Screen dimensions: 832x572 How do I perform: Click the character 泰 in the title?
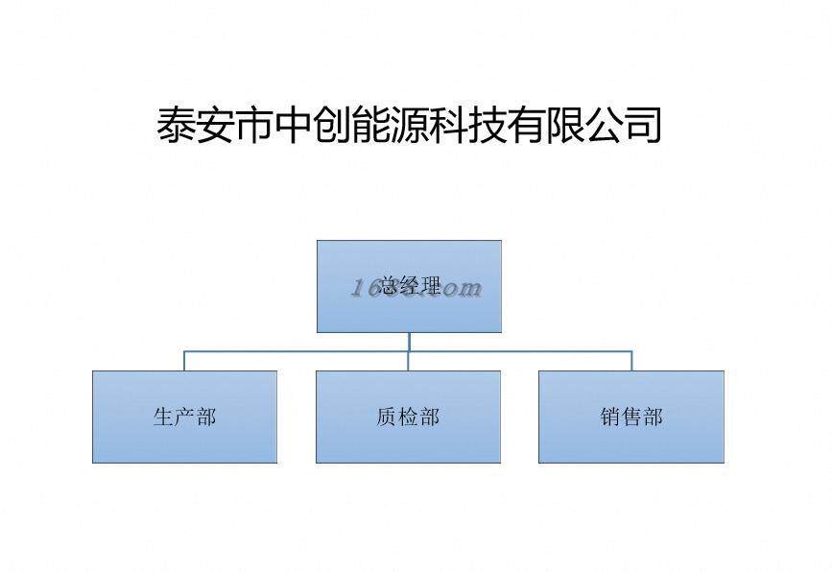[178, 126]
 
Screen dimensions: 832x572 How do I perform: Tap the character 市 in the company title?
[255, 126]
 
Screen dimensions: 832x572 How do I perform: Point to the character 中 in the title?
[294, 126]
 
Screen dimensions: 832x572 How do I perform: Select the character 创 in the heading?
[333, 126]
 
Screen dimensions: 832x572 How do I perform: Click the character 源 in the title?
[411, 126]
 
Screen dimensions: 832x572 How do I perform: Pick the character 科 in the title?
[449, 126]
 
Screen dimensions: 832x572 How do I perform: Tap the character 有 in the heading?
[527, 126]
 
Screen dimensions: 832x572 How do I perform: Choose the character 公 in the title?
[605, 126]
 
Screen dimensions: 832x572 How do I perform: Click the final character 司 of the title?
[643, 126]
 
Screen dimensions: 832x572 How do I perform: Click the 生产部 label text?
[184, 417]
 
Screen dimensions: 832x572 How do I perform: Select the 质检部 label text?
[408, 417]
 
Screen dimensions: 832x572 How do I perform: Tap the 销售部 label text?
[631, 417]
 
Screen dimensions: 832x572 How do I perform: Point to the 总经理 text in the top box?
[410, 286]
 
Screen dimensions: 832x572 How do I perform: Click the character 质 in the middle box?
[387, 417]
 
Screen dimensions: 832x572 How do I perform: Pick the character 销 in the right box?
[610, 417]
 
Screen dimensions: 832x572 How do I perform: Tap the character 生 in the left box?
[163, 417]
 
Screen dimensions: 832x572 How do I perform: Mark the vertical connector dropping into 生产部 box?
[184, 361]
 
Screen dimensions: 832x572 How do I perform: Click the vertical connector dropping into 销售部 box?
[631, 361]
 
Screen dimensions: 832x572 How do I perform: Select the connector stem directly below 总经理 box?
[409, 342]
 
